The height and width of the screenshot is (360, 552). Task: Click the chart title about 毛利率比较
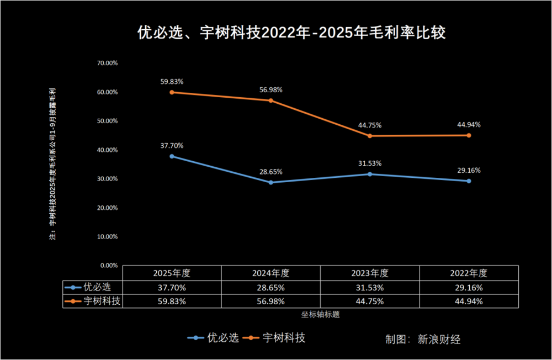click(x=291, y=33)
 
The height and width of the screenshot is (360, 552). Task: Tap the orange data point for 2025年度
click(x=172, y=92)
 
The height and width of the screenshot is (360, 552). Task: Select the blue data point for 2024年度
click(x=270, y=182)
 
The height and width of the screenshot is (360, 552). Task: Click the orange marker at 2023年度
click(x=369, y=136)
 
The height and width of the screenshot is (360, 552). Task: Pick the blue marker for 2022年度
click(x=469, y=181)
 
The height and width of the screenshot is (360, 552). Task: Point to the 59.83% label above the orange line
click(x=172, y=82)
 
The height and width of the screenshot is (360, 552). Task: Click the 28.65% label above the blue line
click(x=270, y=172)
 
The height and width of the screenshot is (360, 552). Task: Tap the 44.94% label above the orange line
click(x=469, y=125)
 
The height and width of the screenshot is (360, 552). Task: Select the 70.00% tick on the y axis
click(x=107, y=63)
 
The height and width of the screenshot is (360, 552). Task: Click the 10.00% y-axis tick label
click(x=107, y=236)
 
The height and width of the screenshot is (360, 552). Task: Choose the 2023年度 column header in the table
click(x=369, y=273)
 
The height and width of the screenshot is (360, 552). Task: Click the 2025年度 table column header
click(x=172, y=273)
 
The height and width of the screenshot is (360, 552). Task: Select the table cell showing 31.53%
click(x=369, y=287)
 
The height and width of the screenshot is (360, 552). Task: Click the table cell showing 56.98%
click(x=270, y=301)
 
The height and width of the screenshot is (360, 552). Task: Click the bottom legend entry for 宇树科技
click(x=283, y=338)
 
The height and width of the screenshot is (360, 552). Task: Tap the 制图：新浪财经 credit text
click(x=423, y=339)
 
